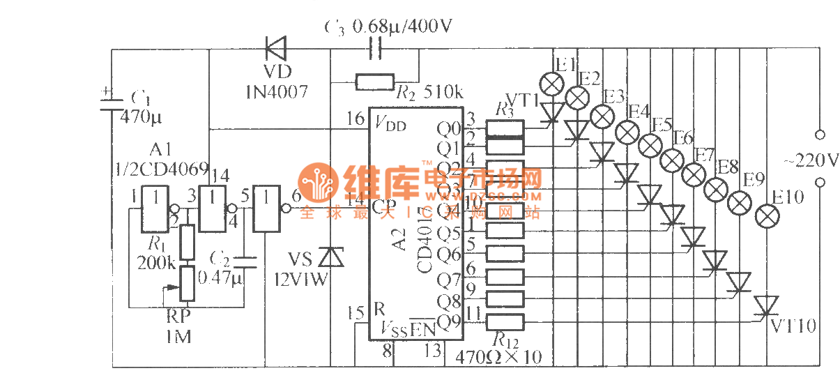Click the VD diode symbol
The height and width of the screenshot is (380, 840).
coord(277,50)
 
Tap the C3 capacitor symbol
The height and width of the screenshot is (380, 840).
coord(376,50)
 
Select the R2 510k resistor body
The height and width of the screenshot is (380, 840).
coord(375,82)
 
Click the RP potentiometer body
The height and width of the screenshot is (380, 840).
coord(187,283)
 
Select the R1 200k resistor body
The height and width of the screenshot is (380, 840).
coord(187,242)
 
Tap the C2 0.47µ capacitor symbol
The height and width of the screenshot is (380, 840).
coord(244,262)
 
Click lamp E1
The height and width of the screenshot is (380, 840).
coord(553,84)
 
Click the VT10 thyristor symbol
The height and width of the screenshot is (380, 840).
coord(765,305)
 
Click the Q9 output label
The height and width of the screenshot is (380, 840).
coord(448,321)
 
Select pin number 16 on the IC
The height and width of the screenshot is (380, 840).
coord(355,119)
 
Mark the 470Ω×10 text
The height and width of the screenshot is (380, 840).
coord(498,357)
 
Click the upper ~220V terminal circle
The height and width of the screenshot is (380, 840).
coord(820,134)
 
